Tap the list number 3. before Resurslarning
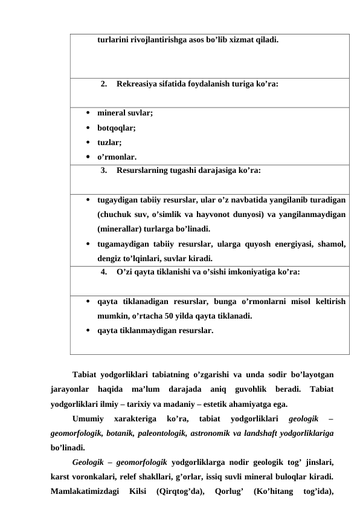tap(104, 170)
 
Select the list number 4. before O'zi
tap(104, 271)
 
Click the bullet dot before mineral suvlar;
tap(89, 113)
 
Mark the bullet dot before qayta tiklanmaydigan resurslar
tap(89, 331)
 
